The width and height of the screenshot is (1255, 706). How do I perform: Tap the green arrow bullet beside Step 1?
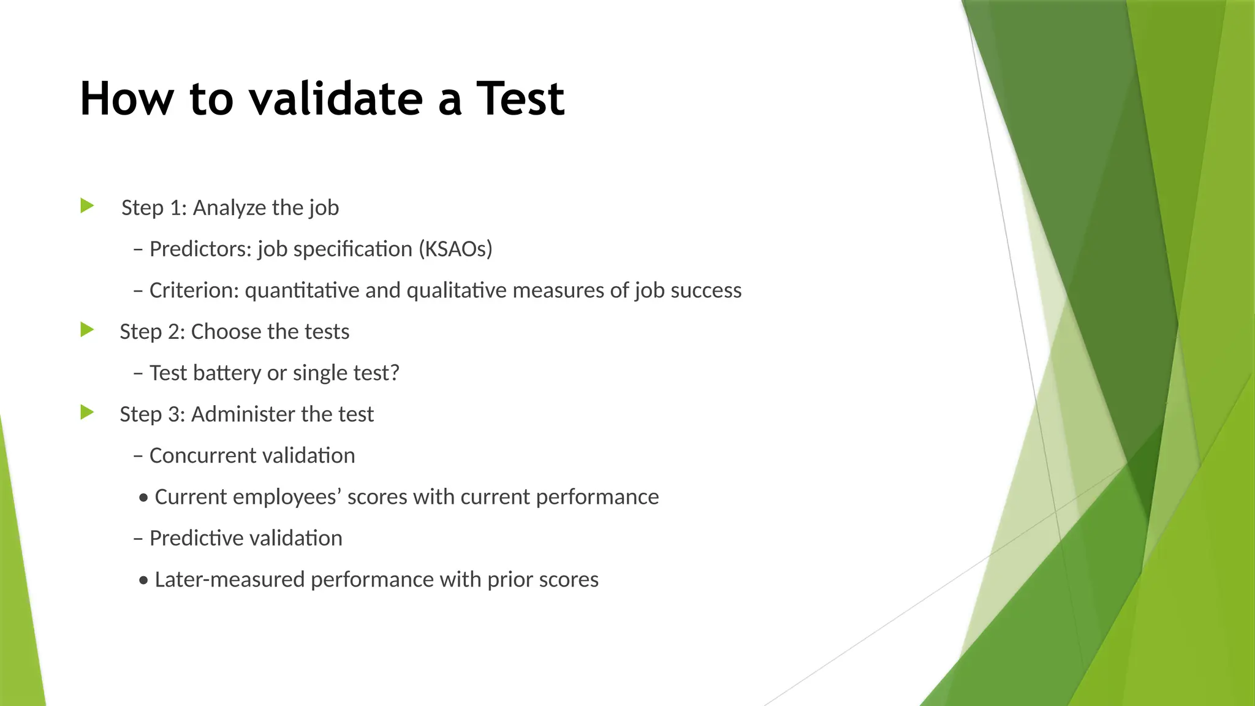click(x=87, y=206)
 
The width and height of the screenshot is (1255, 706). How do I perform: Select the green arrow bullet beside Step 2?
click(x=87, y=330)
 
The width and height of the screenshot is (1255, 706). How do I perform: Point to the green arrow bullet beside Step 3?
click(x=87, y=412)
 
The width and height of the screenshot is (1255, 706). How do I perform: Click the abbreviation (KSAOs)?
click(x=455, y=249)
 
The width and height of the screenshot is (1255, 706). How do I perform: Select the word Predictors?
click(x=200, y=249)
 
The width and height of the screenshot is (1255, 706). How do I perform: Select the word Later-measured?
click(x=229, y=579)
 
